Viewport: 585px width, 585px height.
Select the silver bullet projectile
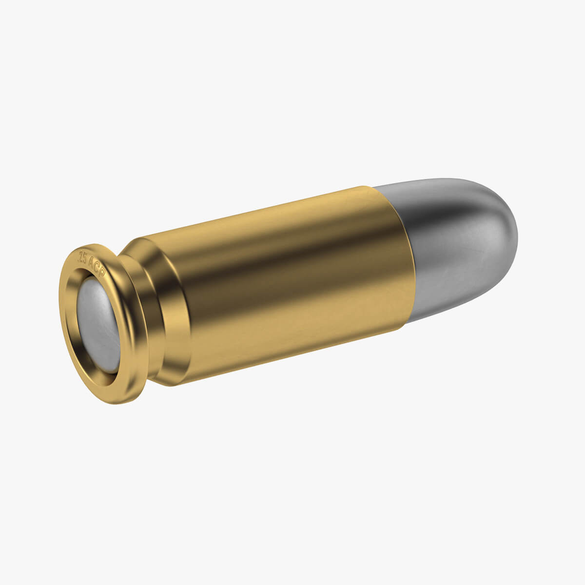458,244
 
